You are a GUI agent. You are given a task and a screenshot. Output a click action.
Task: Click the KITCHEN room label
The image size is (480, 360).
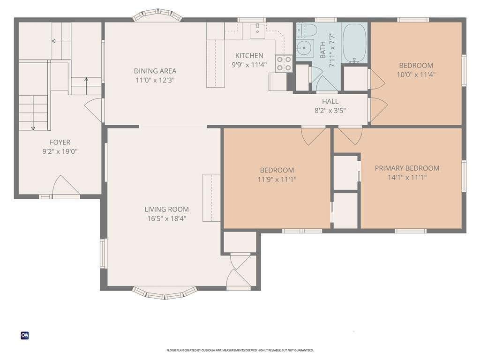tap(249, 55)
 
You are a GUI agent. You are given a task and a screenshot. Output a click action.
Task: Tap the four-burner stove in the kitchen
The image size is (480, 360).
tap(284, 63)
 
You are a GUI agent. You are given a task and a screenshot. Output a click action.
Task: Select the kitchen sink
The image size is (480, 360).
tap(257, 30)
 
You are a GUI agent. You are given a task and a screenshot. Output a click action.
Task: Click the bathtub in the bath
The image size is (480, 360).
tap(354, 43)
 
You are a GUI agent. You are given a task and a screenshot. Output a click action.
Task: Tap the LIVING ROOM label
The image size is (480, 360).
tap(166, 210)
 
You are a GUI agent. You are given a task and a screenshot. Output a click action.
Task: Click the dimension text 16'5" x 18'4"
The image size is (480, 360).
tap(166, 218)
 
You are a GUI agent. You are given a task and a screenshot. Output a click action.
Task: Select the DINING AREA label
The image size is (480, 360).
tap(155, 71)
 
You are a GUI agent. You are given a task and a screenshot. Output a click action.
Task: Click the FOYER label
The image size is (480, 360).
tap(60, 142)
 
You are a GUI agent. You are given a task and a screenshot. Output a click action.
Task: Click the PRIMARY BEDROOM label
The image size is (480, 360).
tap(407, 168)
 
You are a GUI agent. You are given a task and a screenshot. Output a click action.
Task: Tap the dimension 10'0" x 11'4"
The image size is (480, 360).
tap(416, 75)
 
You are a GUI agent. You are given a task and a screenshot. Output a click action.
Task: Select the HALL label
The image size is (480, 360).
tap(330, 101)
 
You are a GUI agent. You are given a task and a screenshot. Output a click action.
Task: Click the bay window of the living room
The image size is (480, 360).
tap(165, 292)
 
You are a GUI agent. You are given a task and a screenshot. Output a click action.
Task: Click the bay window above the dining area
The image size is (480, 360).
tap(157, 15)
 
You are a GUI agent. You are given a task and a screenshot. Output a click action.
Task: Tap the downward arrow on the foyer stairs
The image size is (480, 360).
tap(33, 112)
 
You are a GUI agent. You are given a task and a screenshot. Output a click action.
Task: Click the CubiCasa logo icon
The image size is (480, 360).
tap(25, 336)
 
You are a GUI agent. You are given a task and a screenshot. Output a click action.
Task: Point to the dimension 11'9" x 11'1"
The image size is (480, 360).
tap(277, 180)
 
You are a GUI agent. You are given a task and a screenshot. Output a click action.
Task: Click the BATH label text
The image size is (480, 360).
tap(322, 50)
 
